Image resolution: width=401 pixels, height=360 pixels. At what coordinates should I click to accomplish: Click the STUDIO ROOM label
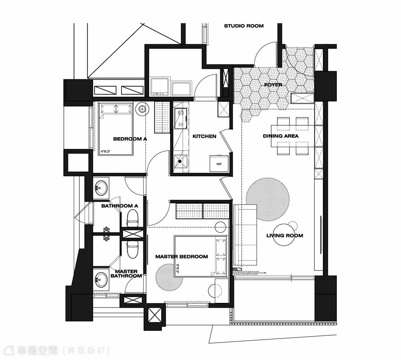point(244,26)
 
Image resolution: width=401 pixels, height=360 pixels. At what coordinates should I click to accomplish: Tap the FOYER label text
point(273,85)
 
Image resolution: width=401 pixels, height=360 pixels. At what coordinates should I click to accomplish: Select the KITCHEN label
point(204,136)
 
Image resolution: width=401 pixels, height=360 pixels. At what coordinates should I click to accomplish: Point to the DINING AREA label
point(281,136)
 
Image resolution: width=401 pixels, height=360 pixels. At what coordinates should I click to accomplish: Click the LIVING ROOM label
point(285,235)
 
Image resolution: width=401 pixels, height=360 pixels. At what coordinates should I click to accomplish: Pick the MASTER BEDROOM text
point(181,257)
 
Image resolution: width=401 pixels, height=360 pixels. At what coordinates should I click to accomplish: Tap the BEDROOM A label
point(130,139)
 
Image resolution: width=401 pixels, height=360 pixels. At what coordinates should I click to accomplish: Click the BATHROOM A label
point(120,206)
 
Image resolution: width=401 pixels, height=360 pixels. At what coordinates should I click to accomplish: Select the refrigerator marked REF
point(219,164)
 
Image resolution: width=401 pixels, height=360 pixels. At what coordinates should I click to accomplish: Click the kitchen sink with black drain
point(180,161)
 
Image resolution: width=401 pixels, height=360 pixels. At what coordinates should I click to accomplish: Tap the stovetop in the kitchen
point(180,118)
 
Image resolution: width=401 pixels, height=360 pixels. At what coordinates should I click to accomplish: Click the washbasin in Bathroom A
point(101,188)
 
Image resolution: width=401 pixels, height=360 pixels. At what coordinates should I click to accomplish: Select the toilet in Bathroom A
point(132,218)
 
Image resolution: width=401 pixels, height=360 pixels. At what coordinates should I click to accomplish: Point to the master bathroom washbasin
point(101,280)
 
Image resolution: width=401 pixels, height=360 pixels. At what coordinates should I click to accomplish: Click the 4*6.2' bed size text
point(105,152)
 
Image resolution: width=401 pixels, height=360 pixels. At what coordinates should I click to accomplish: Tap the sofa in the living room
point(245,235)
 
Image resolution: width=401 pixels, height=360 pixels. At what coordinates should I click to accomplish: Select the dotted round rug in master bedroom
point(169,277)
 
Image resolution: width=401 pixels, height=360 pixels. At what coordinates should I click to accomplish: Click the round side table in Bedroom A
point(142,109)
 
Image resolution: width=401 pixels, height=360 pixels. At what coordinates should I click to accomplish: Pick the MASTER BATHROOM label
point(126,274)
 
